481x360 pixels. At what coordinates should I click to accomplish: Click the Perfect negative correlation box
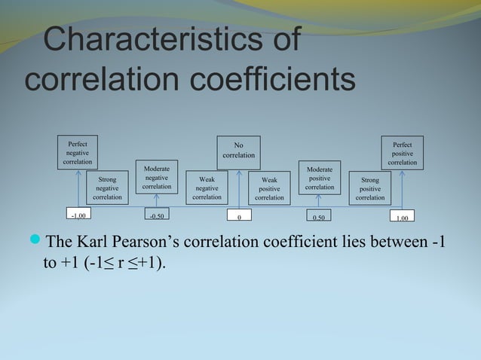[x=77, y=151]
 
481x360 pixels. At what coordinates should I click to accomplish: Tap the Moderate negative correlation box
[x=157, y=178]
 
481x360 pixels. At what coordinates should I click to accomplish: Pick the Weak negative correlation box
[x=207, y=188]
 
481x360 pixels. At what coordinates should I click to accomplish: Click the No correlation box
[x=238, y=150]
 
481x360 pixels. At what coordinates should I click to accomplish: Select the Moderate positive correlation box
[x=319, y=178]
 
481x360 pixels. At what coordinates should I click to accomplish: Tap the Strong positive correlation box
[x=369, y=188]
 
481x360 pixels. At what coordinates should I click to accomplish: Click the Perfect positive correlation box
[x=402, y=152]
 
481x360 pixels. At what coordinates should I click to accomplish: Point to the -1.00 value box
[x=78, y=215]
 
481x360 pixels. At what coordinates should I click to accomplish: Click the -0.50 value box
[x=157, y=215]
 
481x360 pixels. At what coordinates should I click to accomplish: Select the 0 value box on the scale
[x=239, y=218]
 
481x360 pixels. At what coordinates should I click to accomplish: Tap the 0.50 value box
[x=319, y=218]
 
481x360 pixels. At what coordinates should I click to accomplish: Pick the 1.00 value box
[x=402, y=218]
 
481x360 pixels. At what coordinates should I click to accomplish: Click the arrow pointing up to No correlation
[x=238, y=188]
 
